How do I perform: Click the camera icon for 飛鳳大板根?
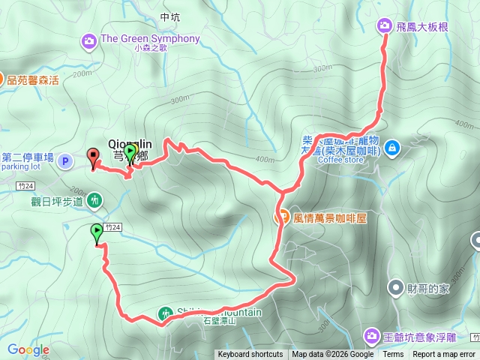tap(385, 26)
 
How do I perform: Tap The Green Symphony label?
tap(150, 39)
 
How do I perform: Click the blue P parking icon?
tap(65, 160)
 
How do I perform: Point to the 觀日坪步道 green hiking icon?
tap(94, 200)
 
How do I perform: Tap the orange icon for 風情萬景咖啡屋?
tap(282, 218)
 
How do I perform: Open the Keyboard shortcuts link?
tap(250, 355)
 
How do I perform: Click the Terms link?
tap(393, 355)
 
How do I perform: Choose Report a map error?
tap(444, 355)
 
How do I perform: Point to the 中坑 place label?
tap(170, 16)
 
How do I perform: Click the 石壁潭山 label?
tap(219, 321)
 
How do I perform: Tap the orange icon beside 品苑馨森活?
tap(1, 78)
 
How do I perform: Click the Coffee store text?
tap(340, 159)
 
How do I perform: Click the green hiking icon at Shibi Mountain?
tap(165, 313)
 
